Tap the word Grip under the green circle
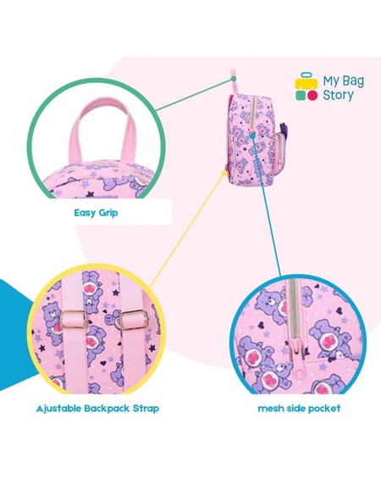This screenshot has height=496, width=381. tap(108, 213)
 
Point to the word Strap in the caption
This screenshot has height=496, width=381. tap(146, 409)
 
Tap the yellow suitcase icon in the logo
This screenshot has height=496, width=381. tap(306, 81)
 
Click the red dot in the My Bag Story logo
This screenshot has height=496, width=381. tap(312, 96)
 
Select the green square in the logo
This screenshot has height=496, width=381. tap(301, 96)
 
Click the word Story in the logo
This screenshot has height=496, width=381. tap(338, 95)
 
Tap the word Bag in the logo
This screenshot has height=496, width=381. tap(353, 81)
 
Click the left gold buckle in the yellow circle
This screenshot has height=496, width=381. tap(74, 320)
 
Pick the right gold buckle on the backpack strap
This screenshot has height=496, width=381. tap(135, 319)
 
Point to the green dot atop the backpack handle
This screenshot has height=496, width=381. tap(234, 78)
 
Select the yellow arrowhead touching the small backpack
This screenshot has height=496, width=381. tap(225, 172)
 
